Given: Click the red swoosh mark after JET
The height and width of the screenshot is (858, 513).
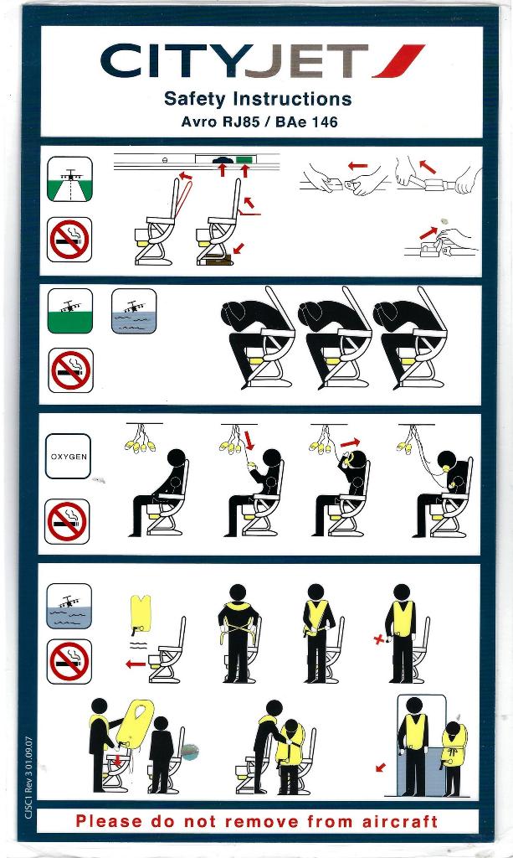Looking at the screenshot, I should (399, 61).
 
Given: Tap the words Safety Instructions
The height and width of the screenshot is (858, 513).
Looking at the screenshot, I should (258, 99).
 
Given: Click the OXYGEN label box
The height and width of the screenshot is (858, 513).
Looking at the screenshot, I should (69, 457).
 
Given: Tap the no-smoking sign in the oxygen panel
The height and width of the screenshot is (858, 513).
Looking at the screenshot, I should (69, 521).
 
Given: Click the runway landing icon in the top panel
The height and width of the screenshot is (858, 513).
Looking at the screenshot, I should (69, 178).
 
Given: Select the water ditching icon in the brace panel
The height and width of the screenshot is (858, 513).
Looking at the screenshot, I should (134, 311).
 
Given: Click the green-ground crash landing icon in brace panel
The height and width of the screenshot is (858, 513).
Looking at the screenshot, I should (69, 311).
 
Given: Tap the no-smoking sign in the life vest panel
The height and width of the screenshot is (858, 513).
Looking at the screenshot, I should (69, 661).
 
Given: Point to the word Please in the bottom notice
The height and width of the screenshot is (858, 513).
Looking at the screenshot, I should (107, 821).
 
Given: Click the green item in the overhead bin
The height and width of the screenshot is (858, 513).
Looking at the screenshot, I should (244, 159).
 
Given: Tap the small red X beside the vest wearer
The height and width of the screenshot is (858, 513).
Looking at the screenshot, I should (377, 640).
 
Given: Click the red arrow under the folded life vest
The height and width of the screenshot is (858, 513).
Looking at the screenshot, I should (134, 664).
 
